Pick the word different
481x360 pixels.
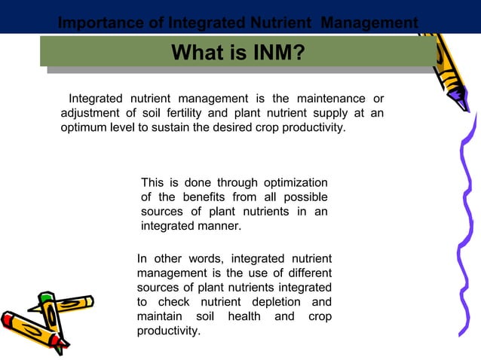click(x=305, y=273)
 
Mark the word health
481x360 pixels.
click(x=239, y=316)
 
